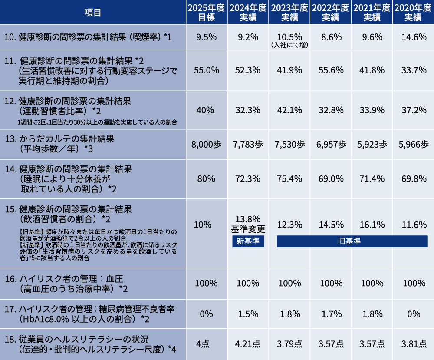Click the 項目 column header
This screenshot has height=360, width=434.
(92, 12)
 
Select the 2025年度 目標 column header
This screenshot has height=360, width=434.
(207, 12)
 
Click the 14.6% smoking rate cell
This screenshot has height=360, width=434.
(414, 37)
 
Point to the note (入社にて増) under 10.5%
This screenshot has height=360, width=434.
(289, 44)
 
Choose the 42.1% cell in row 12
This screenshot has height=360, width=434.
(289, 110)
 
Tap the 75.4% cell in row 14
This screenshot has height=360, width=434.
(289, 178)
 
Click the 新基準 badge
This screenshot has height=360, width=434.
(248, 241)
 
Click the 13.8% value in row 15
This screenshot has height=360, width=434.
(248, 218)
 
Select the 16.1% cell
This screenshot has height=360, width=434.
(372, 225)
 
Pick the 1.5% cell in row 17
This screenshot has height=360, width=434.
(248, 314)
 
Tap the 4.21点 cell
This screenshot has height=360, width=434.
(248, 344)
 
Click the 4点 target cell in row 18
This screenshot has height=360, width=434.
(207, 344)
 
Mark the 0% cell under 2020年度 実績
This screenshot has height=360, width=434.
(414, 314)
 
